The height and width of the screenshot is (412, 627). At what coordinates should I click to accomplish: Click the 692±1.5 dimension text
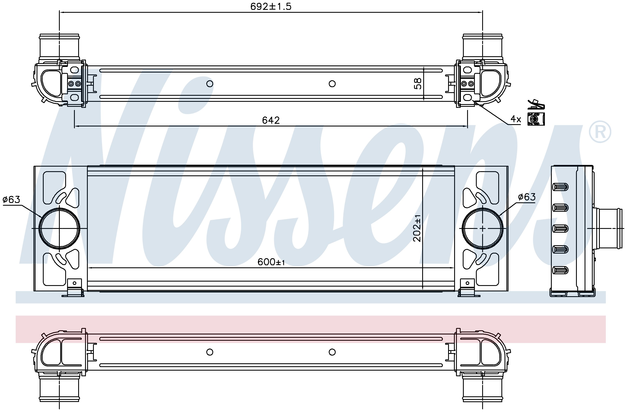point(271,6)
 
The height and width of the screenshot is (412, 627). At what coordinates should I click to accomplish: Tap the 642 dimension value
point(271,120)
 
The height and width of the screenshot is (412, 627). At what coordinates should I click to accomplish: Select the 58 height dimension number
point(418,83)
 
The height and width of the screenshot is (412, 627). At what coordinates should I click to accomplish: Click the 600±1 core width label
point(271,262)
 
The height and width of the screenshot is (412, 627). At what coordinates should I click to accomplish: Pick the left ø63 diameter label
point(11,199)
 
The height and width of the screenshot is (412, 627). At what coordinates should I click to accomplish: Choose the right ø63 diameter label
point(527,197)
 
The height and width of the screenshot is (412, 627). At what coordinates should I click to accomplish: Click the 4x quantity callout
point(516,119)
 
